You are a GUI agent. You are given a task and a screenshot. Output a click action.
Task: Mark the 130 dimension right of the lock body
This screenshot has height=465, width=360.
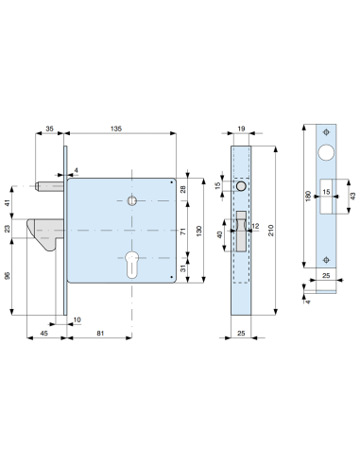[x=199, y=230]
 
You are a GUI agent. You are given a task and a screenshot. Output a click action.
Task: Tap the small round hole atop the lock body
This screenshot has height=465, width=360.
[x=130, y=200]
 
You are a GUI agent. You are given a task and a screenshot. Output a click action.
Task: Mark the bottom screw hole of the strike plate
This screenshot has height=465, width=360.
[x=326, y=259]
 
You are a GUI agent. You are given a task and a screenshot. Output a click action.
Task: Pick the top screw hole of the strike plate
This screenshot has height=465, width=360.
[x=326, y=130]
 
